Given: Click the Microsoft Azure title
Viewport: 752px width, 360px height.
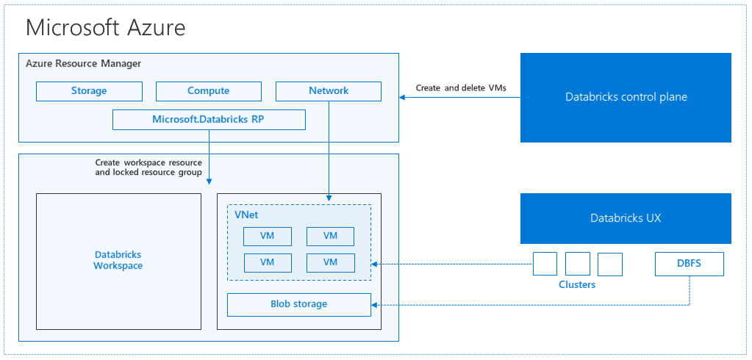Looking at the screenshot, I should [105, 28].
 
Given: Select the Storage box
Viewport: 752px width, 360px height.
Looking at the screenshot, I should [89, 91].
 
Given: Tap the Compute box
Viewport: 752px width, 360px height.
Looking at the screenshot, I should [209, 91].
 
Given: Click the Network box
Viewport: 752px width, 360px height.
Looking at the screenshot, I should [329, 91].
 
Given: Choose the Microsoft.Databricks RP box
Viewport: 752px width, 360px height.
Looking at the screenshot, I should [209, 120].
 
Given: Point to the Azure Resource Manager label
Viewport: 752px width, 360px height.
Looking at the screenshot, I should [83, 64].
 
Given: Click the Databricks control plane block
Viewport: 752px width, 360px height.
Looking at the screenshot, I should [626, 97].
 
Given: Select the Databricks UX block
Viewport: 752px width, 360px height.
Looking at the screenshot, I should [626, 218].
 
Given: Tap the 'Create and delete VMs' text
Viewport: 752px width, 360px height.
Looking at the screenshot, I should [461, 88].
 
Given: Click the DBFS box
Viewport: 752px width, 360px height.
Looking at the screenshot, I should [690, 264].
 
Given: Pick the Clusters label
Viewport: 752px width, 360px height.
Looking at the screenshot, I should [577, 284].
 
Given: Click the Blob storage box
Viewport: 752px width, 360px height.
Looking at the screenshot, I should [298, 304].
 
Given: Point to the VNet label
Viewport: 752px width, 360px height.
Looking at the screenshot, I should [246, 215].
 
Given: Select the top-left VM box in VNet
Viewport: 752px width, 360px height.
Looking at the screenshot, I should [268, 236].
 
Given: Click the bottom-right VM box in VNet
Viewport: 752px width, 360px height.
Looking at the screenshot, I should [330, 262].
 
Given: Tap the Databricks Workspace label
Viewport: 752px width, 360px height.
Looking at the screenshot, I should [118, 260].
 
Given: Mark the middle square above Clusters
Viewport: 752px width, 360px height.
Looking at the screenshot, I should [578, 264].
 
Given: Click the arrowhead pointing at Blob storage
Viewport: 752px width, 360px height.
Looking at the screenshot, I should [376, 304].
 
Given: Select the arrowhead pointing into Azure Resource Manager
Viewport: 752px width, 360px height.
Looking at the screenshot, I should [403, 97].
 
